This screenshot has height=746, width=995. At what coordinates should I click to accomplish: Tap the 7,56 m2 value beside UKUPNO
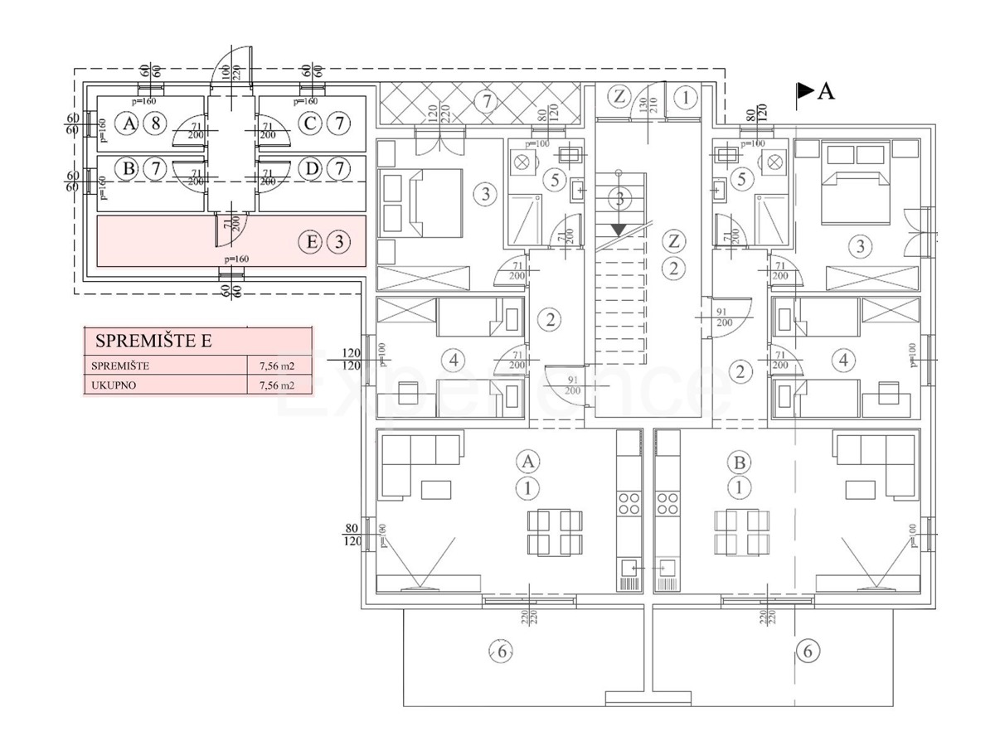(x=277, y=385)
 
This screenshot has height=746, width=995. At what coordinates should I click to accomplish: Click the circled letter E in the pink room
(x=311, y=243)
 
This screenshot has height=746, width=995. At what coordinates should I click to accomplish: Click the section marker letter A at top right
(x=825, y=91)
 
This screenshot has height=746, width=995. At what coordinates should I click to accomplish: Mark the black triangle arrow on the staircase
(x=618, y=227)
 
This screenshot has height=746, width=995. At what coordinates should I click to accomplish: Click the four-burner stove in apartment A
(x=629, y=502)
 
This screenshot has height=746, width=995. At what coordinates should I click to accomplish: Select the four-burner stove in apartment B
(x=667, y=502)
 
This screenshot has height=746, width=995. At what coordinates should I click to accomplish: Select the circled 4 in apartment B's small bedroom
(x=843, y=361)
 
